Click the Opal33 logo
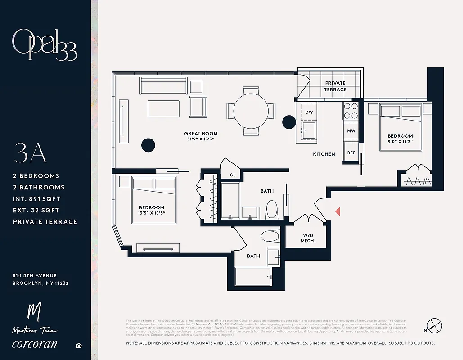(45, 45)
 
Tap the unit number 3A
(31, 153)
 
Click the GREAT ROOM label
(201, 134)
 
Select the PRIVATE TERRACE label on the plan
(335, 86)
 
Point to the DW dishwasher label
(309, 112)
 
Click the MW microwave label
(351, 131)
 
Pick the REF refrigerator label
(351, 153)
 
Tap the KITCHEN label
(324, 154)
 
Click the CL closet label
(233, 175)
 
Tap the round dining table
(251, 110)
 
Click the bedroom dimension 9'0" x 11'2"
(400, 142)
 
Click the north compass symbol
(434, 325)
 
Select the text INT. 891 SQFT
(36, 199)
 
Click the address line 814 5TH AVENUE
(35, 275)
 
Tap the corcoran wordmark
(35, 345)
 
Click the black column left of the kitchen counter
(288, 121)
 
